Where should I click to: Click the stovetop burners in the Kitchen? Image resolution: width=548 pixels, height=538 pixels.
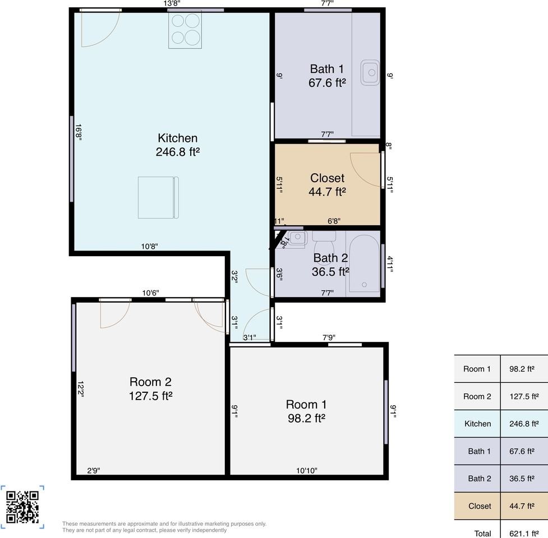tap(185, 30)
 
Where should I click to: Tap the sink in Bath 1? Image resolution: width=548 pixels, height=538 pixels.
tap(370, 73)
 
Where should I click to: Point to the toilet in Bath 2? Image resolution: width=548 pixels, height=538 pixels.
tap(324, 243)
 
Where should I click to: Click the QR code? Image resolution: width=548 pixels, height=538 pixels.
tap(22, 507)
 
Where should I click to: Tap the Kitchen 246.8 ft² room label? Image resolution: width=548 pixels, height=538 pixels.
tap(178, 145)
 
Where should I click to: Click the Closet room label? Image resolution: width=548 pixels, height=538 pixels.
tap(327, 185)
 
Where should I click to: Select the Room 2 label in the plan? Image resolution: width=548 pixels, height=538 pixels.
tap(150, 388)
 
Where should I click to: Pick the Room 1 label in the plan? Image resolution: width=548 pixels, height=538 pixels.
tap(306, 411)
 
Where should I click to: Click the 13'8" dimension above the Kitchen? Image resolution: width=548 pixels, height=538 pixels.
tap(172, 3)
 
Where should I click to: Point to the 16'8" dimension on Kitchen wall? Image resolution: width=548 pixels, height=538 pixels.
tap(79, 133)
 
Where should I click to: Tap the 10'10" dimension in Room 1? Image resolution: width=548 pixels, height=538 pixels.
tap(306, 471)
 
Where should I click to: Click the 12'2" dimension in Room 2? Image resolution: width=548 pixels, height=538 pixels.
tap(80, 389)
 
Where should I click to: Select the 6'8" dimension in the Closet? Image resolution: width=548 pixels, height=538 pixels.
tap(334, 221)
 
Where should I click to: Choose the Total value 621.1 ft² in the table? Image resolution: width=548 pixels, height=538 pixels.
tap(524, 534)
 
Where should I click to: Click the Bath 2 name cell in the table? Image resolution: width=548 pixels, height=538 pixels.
tap(480, 479)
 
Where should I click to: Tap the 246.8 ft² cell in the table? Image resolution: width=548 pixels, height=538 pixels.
tap(524, 424)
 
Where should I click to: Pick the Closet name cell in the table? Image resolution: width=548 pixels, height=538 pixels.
tap(480, 506)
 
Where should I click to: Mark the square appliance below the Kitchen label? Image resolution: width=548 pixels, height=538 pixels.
tap(158, 198)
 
